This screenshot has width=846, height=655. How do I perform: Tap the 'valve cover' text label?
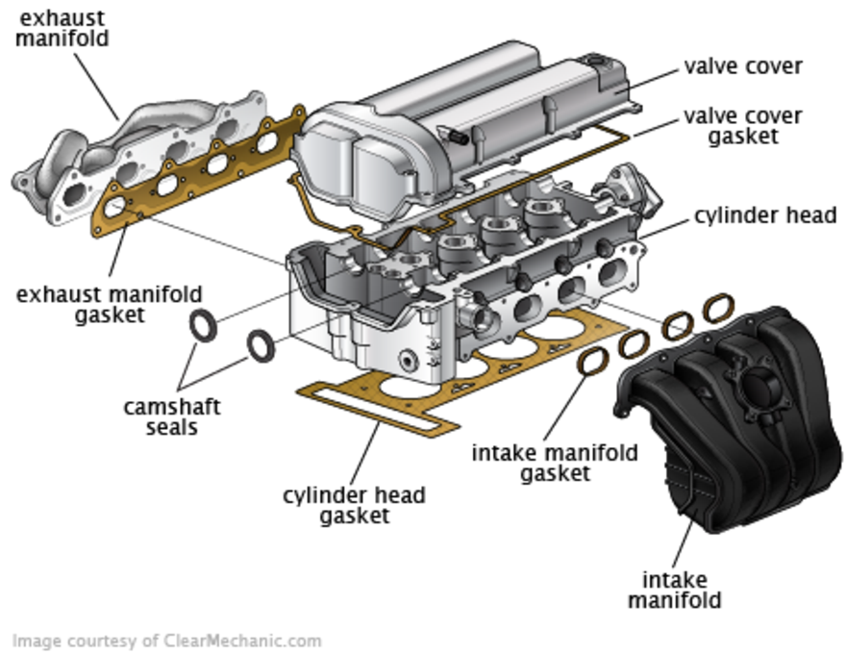pyautogui.click(x=742, y=66)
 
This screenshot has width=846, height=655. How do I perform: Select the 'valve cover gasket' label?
pyautogui.click(x=742, y=126)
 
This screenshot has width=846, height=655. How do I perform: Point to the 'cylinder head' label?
pyautogui.click(x=764, y=215)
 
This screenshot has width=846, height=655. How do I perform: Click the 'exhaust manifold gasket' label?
pyautogui.click(x=109, y=303)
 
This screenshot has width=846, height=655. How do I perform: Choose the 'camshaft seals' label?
pyautogui.click(x=172, y=416)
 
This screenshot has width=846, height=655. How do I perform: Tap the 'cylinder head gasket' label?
pyautogui.click(x=354, y=506)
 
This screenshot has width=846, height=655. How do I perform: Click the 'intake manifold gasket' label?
pyautogui.click(x=555, y=462)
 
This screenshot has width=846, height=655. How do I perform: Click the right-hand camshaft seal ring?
pyautogui.click(x=261, y=345)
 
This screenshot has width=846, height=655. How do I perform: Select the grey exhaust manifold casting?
pyautogui.click(x=144, y=144)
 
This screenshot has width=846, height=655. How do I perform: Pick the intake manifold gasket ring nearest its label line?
pyautogui.click(x=593, y=362)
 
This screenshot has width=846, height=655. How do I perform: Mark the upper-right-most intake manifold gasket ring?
pyautogui.click(x=717, y=308)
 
